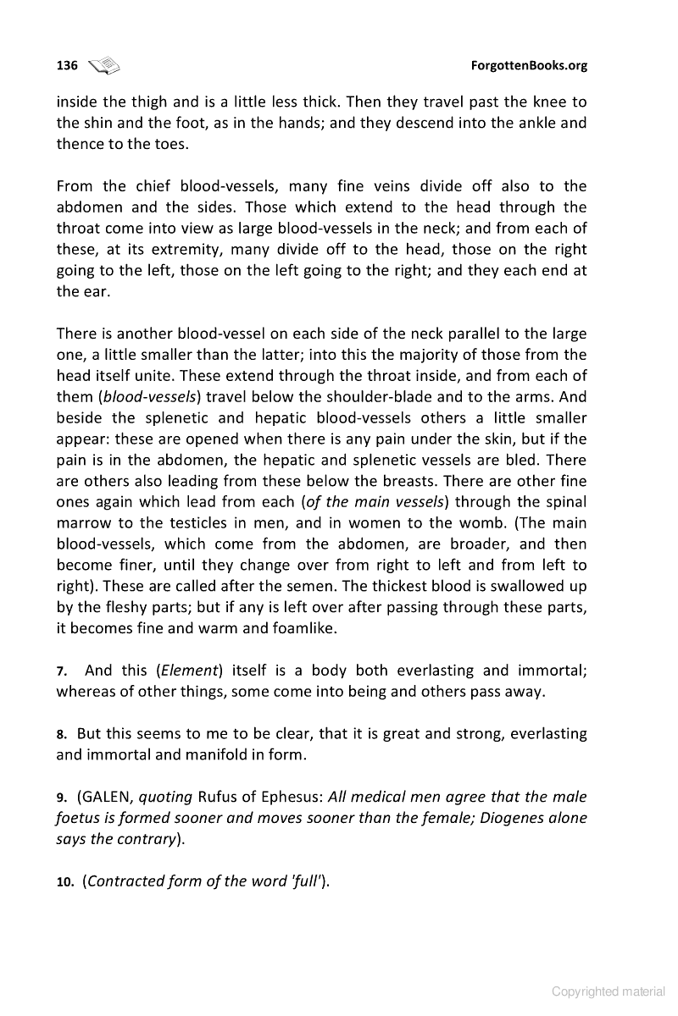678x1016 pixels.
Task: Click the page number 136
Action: (x=67, y=66)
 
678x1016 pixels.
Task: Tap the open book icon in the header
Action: (x=105, y=65)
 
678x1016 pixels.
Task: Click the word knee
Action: (x=491, y=102)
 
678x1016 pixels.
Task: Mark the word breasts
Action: (x=465, y=482)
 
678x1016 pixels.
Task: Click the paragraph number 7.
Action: (x=61, y=671)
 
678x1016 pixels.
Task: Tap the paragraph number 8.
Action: (x=61, y=733)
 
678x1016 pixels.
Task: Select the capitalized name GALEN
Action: (x=108, y=797)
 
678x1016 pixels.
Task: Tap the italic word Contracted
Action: (x=128, y=881)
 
